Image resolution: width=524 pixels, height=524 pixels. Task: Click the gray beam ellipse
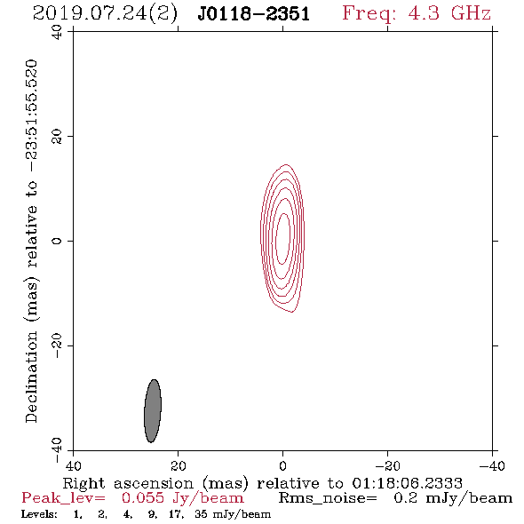click(x=153, y=410)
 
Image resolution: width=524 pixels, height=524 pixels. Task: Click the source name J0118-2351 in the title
click(x=254, y=14)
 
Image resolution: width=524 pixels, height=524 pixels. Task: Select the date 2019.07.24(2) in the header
click(x=105, y=14)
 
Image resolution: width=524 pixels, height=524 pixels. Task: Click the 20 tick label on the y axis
click(x=57, y=136)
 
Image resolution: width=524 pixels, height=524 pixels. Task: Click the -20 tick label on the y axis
click(x=57, y=345)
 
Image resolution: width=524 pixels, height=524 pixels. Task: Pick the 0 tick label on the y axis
click(x=57, y=241)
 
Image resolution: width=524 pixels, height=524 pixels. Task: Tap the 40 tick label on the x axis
click(x=73, y=465)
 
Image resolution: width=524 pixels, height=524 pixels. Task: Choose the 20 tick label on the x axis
click(x=179, y=465)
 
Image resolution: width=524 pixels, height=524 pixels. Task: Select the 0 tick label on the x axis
click(x=282, y=465)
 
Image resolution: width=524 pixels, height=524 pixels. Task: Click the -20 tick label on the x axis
click(x=387, y=465)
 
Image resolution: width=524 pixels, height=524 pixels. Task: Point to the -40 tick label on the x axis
click(x=492, y=465)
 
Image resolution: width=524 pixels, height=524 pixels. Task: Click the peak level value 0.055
click(x=143, y=498)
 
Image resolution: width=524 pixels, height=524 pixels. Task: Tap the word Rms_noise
click(x=328, y=498)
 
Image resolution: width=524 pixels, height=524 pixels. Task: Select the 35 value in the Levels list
click(x=202, y=514)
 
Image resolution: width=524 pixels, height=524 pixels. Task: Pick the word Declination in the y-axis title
click(x=31, y=377)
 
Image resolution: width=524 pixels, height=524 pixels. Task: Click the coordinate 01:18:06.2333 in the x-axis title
click(x=408, y=483)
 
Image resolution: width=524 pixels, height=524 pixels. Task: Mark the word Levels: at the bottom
click(x=39, y=514)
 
